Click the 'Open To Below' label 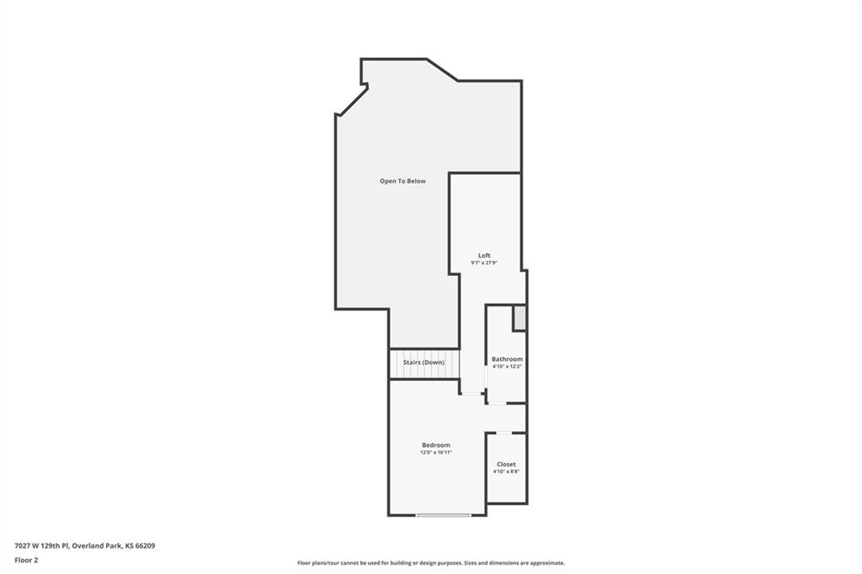click(x=402, y=181)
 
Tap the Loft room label click(x=484, y=255)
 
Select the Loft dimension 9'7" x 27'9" click(x=484, y=263)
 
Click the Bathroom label click(x=507, y=359)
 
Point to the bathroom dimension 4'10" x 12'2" click(x=507, y=366)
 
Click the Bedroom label click(x=436, y=444)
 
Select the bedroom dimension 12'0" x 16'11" click(x=436, y=452)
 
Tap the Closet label click(x=506, y=464)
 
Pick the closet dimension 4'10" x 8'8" click(x=506, y=471)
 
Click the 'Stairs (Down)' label click(x=423, y=362)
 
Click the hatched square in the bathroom click(x=519, y=318)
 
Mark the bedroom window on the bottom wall click(x=443, y=515)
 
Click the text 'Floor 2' click(x=26, y=561)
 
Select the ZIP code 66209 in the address click(x=146, y=546)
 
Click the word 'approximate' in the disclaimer click(x=545, y=563)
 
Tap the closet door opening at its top click(x=504, y=433)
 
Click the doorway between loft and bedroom click(x=471, y=392)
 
